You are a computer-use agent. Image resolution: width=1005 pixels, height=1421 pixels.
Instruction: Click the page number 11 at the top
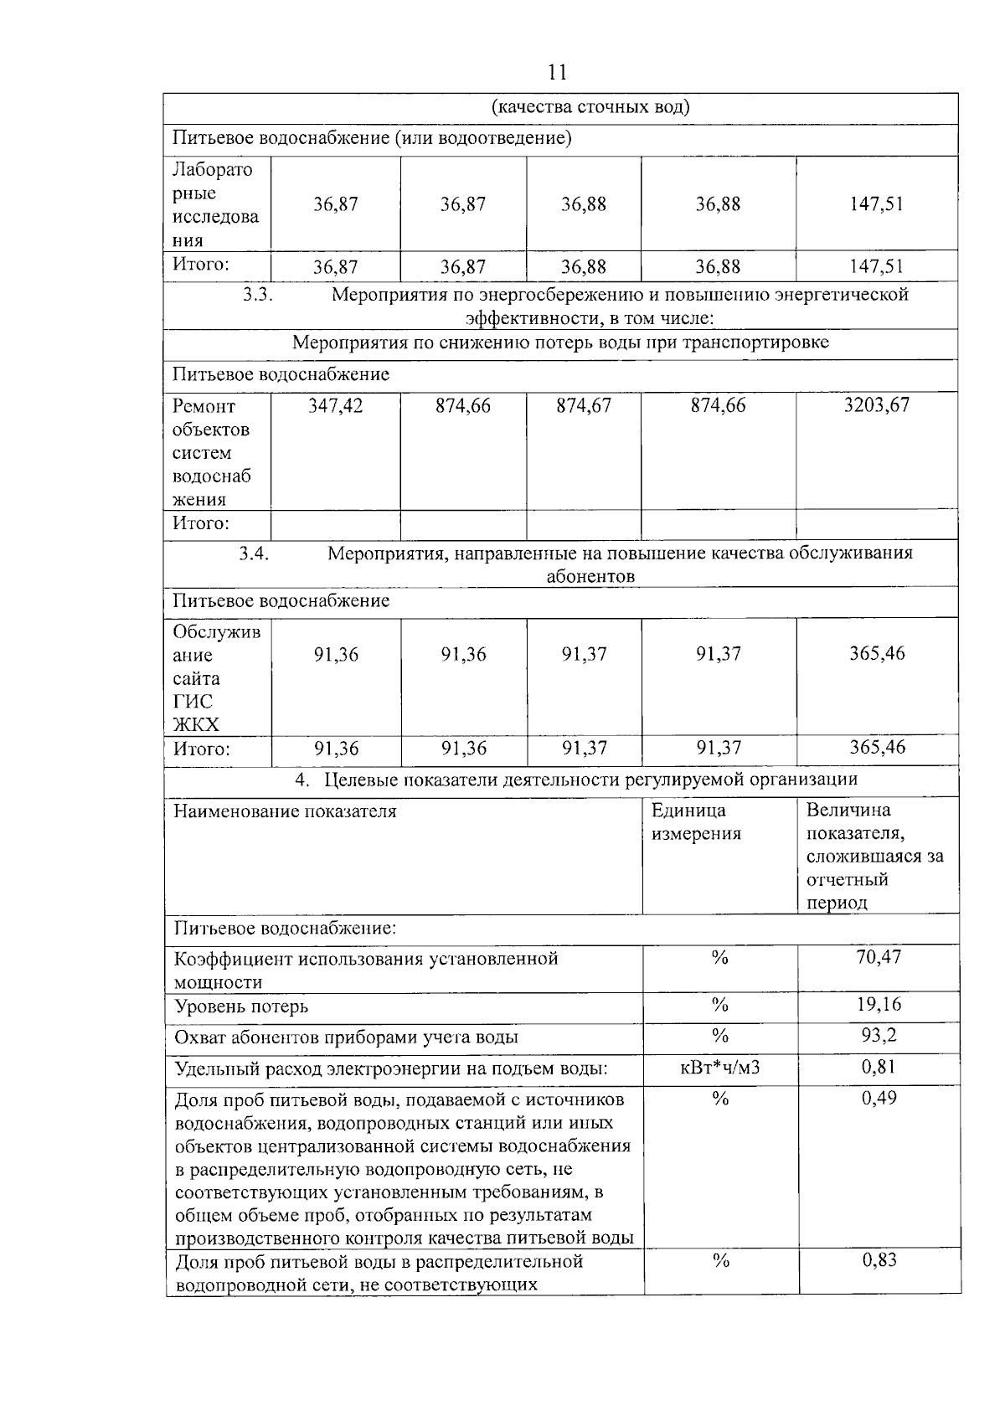point(557,72)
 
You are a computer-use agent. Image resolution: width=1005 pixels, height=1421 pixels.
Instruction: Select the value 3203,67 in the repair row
point(876,405)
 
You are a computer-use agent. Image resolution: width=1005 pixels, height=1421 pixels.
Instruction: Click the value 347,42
point(335,406)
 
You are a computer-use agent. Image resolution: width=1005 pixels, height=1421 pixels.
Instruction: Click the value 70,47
point(878,957)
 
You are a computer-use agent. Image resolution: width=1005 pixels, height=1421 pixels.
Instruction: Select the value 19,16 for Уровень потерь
point(878,1004)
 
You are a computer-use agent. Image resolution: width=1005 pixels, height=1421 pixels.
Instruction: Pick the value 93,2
point(879,1035)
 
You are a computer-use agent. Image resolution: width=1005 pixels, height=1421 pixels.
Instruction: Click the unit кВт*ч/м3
point(719,1067)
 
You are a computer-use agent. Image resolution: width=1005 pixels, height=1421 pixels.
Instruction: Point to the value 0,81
point(879,1067)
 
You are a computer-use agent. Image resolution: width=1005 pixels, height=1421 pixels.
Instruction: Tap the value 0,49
point(879,1098)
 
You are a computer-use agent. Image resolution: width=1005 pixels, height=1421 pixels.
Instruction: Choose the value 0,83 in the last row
point(879,1259)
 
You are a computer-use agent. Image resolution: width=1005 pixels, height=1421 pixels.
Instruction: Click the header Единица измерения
point(696,822)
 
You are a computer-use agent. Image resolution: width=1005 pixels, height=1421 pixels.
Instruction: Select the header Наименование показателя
point(285,811)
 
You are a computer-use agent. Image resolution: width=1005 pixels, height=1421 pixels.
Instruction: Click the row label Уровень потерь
point(241,1007)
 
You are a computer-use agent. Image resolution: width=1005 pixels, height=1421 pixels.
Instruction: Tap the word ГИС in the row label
point(193,702)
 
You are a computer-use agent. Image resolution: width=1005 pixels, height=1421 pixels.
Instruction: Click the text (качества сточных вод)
point(590,107)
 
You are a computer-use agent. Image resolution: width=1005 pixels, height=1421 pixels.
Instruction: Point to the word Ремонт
point(204,407)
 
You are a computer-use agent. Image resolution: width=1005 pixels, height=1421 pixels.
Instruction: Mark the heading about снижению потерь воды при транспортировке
point(560,343)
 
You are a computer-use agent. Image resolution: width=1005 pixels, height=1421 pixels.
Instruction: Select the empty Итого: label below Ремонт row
point(201,524)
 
